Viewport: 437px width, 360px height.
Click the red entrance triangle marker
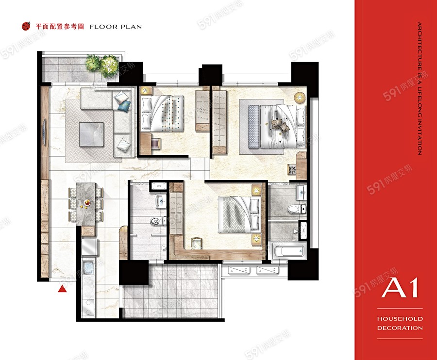(63, 289)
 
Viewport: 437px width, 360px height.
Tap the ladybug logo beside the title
(26, 26)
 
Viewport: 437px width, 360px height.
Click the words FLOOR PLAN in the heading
(116, 27)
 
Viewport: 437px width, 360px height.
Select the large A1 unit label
(400, 288)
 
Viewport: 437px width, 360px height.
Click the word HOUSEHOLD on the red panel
(400, 318)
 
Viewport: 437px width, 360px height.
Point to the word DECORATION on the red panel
(400, 327)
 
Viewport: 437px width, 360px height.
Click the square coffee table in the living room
(91, 134)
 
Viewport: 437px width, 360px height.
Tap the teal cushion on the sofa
(124, 105)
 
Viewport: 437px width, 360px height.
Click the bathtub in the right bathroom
(289, 250)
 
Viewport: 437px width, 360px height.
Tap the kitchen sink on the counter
(88, 266)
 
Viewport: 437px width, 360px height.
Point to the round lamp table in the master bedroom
(300, 97)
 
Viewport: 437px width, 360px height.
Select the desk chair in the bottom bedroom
(197, 244)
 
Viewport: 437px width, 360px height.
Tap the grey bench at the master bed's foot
(253, 127)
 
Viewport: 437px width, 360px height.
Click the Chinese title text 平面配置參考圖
(60, 27)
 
